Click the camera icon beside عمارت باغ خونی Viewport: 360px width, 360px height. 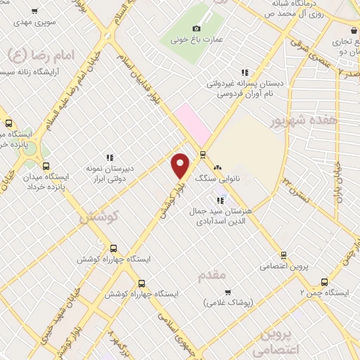point(197,28)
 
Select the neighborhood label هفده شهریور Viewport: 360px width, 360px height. point(304,121)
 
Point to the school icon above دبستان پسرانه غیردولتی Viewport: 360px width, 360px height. point(245,72)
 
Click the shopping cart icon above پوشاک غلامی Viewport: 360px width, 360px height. point(227,291)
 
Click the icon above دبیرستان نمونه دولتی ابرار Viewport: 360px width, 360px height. point(110,157)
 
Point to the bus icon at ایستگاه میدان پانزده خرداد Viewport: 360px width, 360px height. point(46,167)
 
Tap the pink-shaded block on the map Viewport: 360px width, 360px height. point(192,123)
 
